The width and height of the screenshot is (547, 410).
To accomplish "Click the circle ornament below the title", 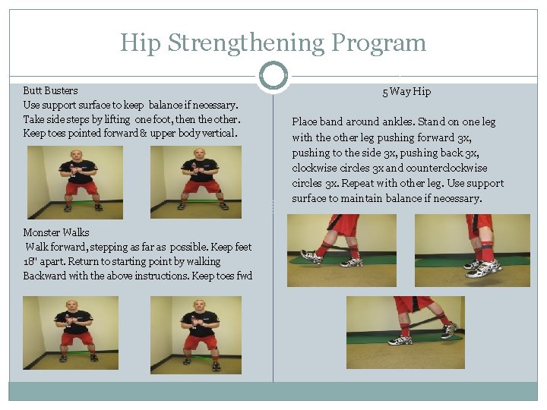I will tap(273, 76).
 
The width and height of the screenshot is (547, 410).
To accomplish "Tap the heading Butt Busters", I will tap(50, 90).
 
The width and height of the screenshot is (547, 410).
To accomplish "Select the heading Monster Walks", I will tap(56, 232).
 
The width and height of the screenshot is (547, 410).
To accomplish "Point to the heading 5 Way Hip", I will tap(406, 92).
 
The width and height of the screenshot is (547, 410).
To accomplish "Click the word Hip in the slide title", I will tap(141, 43).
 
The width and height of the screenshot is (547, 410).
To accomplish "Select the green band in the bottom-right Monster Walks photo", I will tap(200, 356).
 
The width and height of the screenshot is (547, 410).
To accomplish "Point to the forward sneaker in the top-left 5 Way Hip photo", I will tap(311, 256).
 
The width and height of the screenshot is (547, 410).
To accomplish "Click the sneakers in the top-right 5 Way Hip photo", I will tap(484, 267).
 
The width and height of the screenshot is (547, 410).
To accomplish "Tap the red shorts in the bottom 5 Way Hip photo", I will tap(415, 304).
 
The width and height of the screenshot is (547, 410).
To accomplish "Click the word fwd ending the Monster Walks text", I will tap(243, 276).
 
